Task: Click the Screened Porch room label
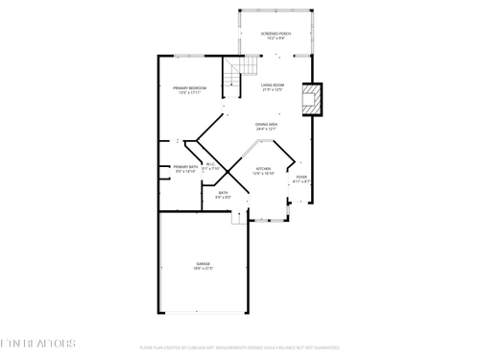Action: coord(276,34)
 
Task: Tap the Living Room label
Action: coord(273,85)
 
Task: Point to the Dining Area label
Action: coord(267,124)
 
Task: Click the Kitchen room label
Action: coord(264,169)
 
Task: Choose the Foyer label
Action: coord(301,177)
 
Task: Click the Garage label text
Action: coord(204,263)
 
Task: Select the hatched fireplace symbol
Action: coord(311,100)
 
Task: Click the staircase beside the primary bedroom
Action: coord(242,67)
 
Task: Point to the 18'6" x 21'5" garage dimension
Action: coord(204,269)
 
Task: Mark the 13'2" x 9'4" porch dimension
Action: coord(276,39)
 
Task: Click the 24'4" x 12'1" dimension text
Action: coord(267,130)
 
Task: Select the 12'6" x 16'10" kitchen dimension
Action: coord(264,174)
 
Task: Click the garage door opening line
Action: coord(204,313)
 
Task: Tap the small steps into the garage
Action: coord(239,218)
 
